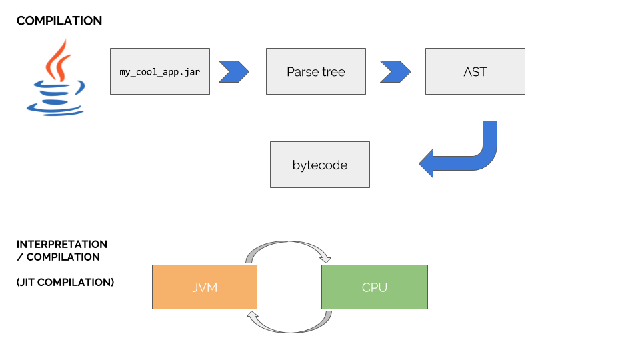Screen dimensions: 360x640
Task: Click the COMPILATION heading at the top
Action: click(59, 21)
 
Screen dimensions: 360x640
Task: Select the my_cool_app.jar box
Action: click(159, 71)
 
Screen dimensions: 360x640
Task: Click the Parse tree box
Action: click(315, 71)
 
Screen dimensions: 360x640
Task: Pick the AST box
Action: click(475, 71)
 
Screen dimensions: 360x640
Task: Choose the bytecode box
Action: click(319, 165)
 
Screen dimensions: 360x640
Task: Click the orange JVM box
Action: click(204, 287)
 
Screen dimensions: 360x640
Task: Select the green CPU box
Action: click(374, 287)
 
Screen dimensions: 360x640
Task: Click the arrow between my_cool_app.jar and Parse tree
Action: click(233, 71)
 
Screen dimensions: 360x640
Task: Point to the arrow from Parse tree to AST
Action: click(395, 71)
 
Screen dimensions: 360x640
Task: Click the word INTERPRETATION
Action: click(61, 245)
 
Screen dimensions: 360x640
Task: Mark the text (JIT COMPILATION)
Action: click(65, 283)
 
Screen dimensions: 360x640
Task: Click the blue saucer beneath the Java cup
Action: click(55, 108)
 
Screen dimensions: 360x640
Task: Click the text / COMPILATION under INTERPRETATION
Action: click(58, 257)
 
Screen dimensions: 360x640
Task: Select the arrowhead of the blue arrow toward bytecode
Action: click(429, 163)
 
